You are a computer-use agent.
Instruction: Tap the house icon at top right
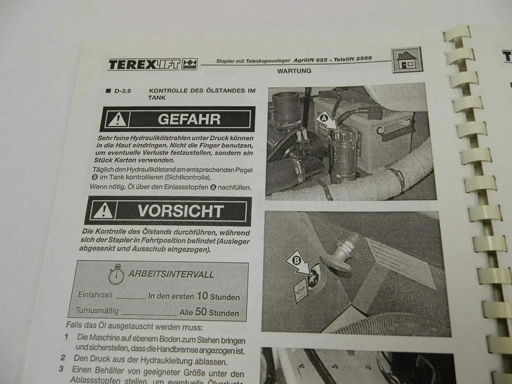406,60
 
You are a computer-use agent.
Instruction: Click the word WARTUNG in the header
294,71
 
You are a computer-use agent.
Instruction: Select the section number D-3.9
123,91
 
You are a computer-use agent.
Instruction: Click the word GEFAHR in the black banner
189,119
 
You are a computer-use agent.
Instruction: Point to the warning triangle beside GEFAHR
117,119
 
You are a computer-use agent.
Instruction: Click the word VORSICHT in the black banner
181,211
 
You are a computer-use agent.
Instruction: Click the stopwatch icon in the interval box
116,275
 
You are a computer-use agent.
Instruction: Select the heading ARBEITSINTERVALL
171,274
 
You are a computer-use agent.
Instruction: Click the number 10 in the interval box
202,296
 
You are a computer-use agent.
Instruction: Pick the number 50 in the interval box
201,312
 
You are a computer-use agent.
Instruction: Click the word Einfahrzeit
95,295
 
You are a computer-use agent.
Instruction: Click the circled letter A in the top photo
323,118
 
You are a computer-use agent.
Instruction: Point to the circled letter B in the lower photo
296,260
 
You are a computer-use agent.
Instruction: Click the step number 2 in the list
63,358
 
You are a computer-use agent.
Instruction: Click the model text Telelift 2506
353,59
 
